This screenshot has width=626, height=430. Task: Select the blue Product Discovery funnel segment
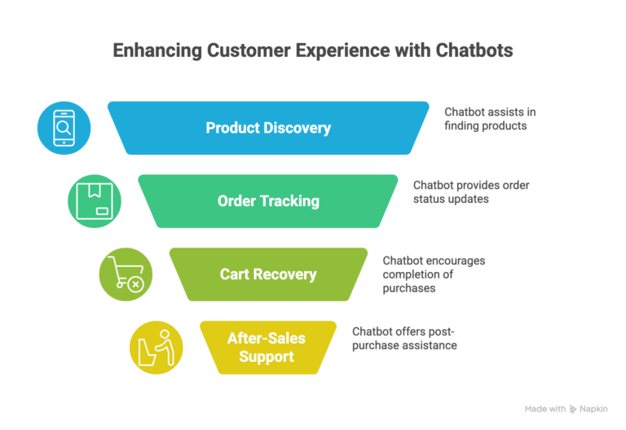tap(268, 128)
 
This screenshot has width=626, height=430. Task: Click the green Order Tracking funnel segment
tap(268, 201)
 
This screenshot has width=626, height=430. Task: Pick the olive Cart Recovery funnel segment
tap(268, 274)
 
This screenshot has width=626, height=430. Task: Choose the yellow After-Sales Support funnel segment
tap(268, 348)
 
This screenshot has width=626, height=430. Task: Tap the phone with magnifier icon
tap(64, 128)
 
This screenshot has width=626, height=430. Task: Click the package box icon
tap(95, 201)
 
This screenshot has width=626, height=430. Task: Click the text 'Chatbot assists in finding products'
tap(489, 119)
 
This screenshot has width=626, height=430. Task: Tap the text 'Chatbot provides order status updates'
tap(470, 192)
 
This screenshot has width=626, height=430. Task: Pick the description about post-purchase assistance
tap(404, 339)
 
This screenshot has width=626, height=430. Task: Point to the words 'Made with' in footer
tap(544, 409)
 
